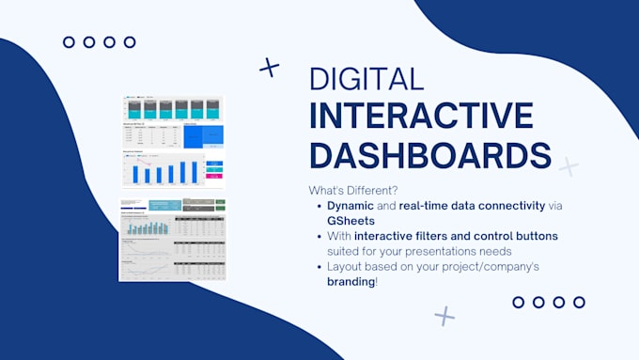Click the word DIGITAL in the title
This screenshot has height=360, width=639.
[x=366, y=79]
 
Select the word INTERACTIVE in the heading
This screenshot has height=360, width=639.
[x=421, y=117]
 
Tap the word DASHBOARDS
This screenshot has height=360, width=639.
[x=430, y=154]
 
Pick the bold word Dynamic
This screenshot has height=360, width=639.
[x=351, y=205]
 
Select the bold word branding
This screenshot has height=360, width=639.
[x=351, y=282]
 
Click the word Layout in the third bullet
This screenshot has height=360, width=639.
[x=346, y=267]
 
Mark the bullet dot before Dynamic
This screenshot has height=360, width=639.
[x=317, y=205]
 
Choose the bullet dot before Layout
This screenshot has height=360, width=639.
[x=317, y=267]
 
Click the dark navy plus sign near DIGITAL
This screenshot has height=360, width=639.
[x=270, y=67]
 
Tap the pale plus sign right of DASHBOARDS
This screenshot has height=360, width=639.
[x=569, y=167]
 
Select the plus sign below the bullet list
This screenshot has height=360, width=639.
[x=444, y=316]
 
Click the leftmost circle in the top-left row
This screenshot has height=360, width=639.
[x=69, y=42]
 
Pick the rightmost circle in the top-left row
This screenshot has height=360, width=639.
[x=130, y=42]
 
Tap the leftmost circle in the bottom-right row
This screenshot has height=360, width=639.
[x=518, y=302]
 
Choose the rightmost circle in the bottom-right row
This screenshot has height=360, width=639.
[x=579, y=302]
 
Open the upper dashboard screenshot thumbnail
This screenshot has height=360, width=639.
[x=172, y=141]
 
